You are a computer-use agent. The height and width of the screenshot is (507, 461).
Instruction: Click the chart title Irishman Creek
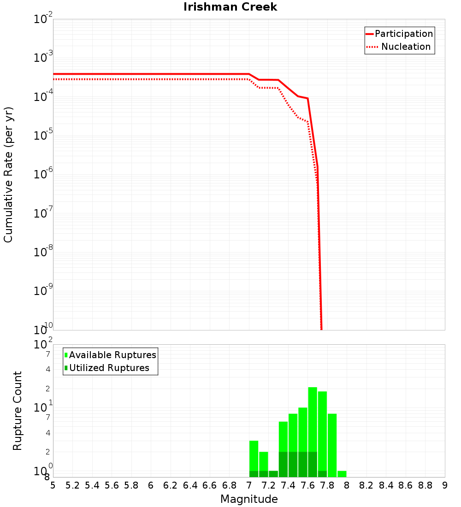(230, 7)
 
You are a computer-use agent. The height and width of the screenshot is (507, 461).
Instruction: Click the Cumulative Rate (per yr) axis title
(8, 175)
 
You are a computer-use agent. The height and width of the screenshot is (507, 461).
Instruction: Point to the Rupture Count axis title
(18, 411)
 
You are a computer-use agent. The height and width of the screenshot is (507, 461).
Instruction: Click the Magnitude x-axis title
(249, 499)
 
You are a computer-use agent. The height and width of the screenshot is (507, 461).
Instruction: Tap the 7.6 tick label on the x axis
(308, 485)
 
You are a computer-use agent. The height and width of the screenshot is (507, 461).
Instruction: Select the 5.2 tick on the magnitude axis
(73, 485)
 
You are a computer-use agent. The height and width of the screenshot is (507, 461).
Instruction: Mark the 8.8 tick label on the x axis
(426, 485)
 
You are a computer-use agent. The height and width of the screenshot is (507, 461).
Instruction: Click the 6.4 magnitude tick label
(190, 485)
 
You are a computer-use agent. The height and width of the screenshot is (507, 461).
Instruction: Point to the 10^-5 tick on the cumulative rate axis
(43, 136)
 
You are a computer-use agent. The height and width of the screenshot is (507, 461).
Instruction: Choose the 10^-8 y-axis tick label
(43, 252)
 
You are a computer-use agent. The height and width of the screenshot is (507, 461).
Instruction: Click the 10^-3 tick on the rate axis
(43, 58)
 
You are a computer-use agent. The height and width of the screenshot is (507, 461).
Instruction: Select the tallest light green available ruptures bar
(313, 419)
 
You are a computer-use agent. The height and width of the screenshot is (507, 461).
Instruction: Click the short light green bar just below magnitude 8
(342, 474)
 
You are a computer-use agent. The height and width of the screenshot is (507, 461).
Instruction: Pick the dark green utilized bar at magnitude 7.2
(273, 474)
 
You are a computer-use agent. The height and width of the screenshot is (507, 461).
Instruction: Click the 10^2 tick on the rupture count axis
(43, 345)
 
